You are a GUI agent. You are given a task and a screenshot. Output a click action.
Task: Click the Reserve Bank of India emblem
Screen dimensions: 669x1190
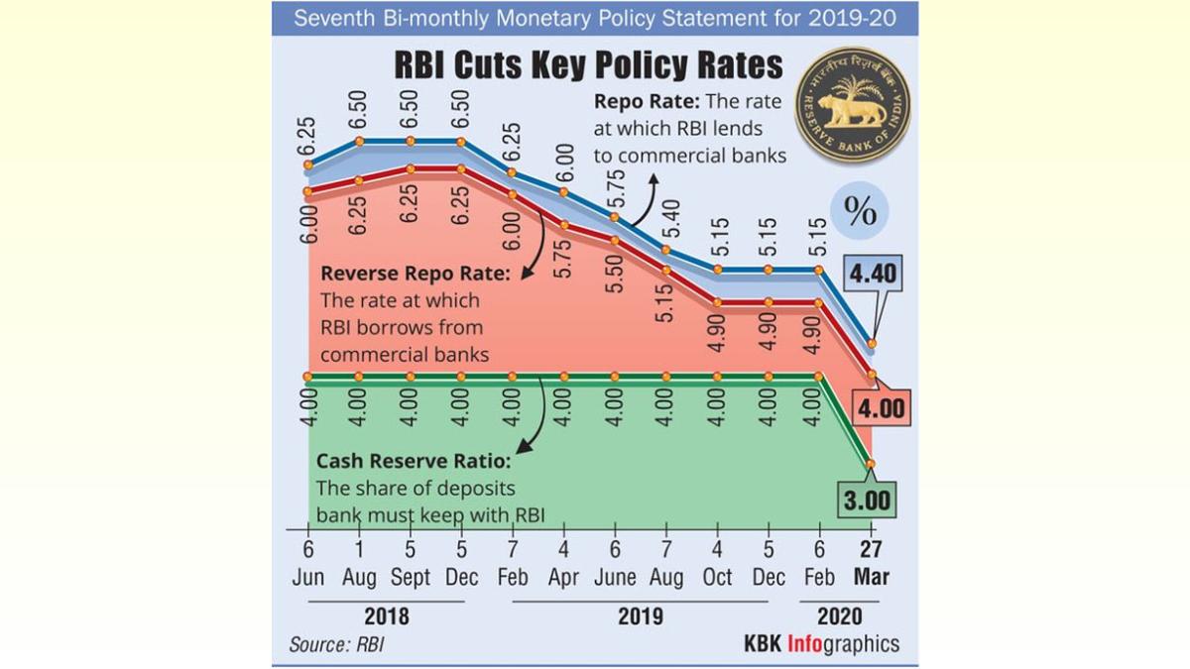pos(853,105)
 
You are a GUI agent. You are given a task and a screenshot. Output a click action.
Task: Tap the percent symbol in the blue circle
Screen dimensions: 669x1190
pos(859,211)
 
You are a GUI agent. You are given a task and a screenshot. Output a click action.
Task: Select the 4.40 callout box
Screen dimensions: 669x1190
pos(872,276)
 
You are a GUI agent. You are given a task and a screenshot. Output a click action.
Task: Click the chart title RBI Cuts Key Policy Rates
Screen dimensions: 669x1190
pos(588,65)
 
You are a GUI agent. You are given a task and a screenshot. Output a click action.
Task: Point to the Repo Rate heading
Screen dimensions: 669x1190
pos(646,102)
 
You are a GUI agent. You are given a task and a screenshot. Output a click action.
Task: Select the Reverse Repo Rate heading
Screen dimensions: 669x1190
pos(416,274)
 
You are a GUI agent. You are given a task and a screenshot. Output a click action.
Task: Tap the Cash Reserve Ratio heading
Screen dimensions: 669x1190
pos(413,462)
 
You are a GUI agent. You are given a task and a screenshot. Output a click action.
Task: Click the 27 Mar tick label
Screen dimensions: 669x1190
pos(872,564)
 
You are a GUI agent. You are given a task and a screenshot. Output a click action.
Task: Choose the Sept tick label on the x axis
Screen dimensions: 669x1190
pos(410,577)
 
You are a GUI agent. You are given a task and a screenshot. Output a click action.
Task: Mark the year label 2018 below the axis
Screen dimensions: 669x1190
pos(385,616)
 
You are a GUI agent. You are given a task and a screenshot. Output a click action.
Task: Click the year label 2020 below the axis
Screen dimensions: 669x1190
pos(839,616)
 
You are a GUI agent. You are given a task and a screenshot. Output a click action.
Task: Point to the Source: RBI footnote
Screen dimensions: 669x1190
pos(336,644)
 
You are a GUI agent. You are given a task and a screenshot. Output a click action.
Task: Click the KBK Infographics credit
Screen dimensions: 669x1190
pos(821,644)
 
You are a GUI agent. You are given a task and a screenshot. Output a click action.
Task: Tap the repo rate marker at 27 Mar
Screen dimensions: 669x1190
pos(872,344)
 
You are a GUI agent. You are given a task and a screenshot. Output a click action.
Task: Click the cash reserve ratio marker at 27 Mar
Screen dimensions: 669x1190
pos(872,463)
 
